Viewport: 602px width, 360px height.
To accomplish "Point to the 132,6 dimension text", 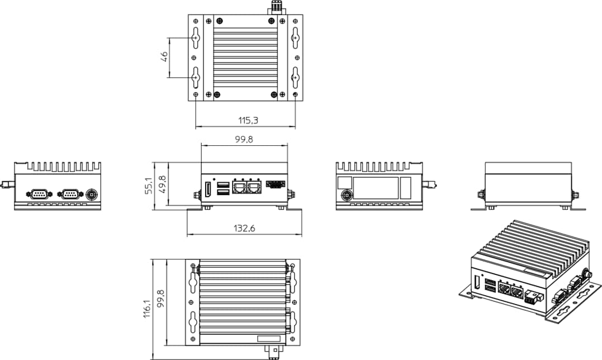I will pos(244,228).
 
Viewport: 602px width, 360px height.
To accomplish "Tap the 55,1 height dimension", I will pos(149,186).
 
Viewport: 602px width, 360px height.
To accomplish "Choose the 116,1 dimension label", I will pos(147,310).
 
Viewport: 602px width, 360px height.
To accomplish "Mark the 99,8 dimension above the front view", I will pos(244,140).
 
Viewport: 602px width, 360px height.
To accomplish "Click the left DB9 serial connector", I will pos(39,193).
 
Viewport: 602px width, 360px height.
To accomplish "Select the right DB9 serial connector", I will pos(70,193).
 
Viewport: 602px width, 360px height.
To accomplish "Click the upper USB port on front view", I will pos(222,184).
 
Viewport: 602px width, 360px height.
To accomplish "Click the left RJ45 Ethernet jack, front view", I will pos(240,187).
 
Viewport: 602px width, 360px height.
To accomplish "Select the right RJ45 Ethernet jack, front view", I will pos(255,187).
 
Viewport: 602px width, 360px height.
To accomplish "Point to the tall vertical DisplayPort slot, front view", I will pos(207,190).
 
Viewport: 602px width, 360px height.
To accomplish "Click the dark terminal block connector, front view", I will pos(274,184).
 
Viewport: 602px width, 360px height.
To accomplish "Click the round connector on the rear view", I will pos(347,195).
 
